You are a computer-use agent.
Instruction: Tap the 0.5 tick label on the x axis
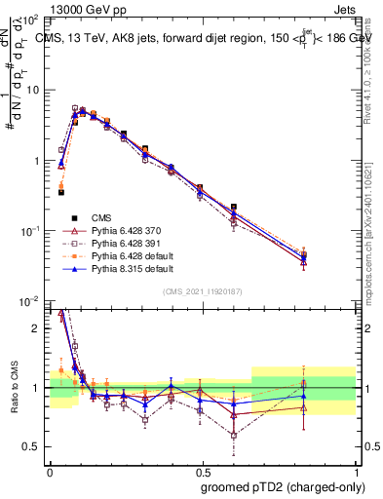click(202, 469)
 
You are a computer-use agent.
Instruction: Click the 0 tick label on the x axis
click(50, 469)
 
